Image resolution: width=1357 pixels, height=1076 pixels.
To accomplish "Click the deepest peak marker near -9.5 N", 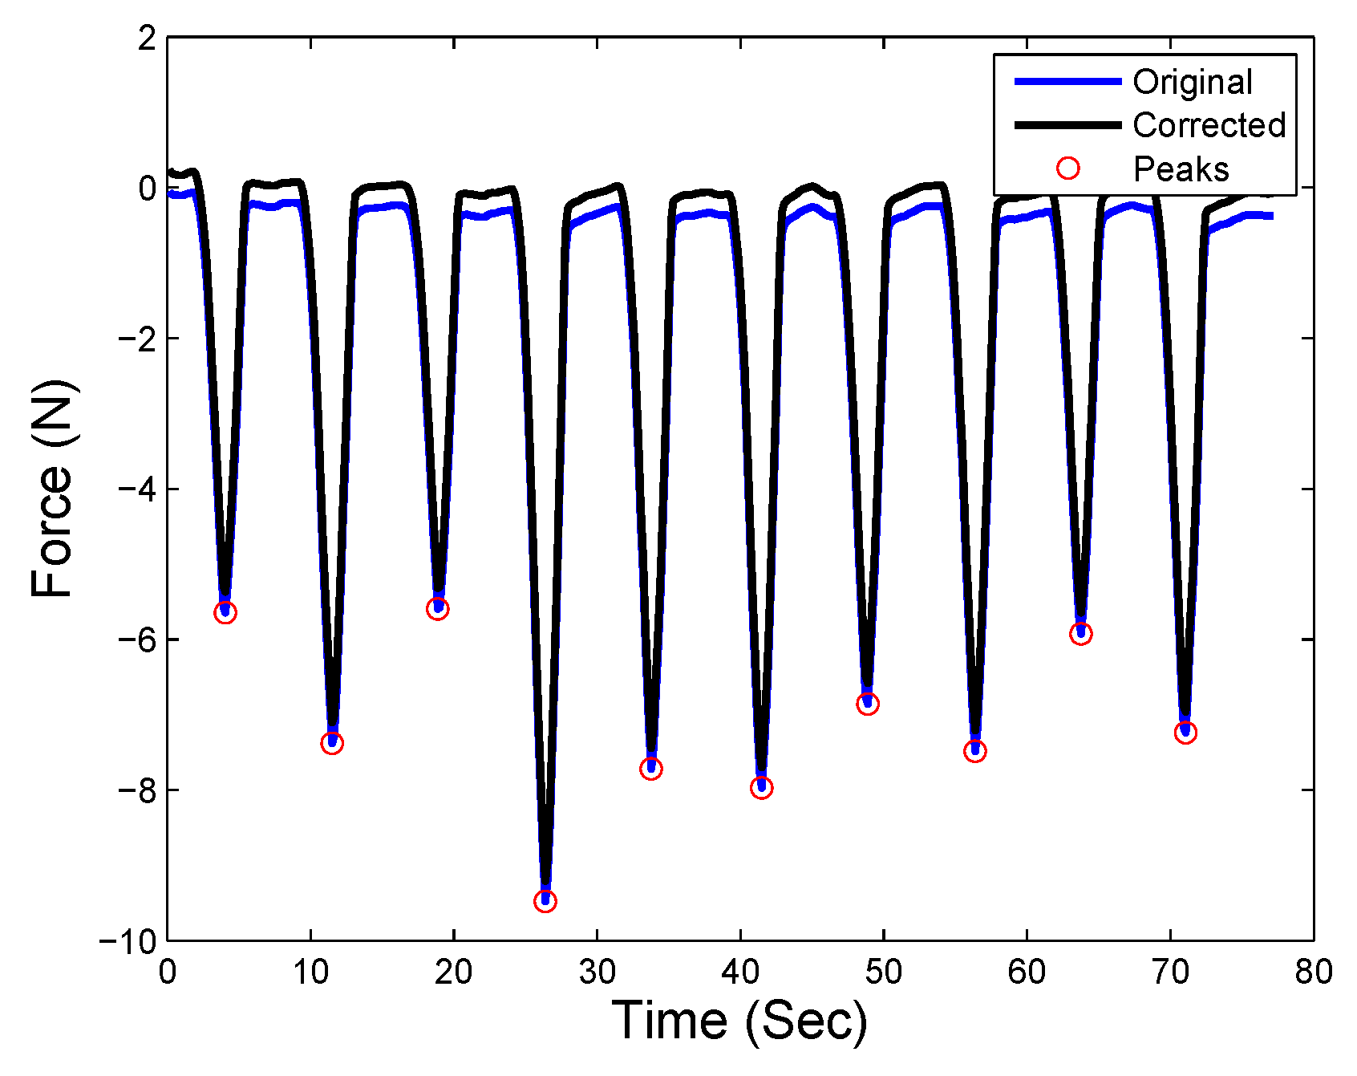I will coord(545,901).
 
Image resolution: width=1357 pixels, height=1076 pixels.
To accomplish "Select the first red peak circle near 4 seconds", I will coord(225,613).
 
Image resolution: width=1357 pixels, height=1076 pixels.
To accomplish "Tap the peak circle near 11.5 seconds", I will coord(332,743).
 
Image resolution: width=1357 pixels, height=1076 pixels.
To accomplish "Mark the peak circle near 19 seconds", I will coord(438,609).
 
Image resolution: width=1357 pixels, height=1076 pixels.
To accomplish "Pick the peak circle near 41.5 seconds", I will coord(762,788).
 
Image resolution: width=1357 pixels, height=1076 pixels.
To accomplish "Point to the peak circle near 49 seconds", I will coord(868,704).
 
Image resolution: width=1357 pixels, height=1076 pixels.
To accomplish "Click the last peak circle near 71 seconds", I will coord(1185,733).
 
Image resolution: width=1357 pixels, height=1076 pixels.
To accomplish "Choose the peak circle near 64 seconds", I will coord(1081,634).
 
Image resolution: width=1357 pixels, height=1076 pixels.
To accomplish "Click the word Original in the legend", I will coord(1193,82).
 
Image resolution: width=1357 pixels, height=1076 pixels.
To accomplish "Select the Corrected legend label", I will coord(1209,125).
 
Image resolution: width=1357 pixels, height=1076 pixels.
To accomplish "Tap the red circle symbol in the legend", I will coord(1068,168).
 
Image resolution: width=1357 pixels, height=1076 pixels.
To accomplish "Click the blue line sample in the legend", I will coord(1067,82).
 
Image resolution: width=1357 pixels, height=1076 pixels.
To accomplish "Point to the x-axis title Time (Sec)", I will coord(739,1021).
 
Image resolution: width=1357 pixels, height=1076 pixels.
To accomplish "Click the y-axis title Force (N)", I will coord(51,489).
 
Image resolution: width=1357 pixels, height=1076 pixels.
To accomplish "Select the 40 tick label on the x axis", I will coord(739,972).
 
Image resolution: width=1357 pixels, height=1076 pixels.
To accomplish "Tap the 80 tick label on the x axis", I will coord(1313,972).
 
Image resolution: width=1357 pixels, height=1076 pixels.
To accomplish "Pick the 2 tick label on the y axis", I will coord(146,38).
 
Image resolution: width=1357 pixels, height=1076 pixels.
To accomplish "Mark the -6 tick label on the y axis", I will coord(136,640).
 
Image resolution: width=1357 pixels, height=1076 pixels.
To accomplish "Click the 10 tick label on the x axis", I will coord(310,972).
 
